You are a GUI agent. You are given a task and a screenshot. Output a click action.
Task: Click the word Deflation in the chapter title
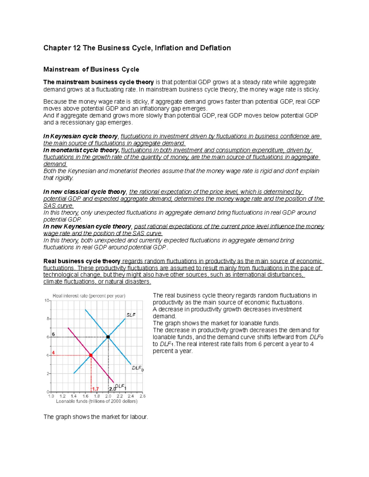coord(215,48)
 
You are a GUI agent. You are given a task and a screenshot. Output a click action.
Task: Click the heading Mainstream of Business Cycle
coord(91,69)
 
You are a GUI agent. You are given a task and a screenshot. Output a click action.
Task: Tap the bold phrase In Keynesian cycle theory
coord(80,136)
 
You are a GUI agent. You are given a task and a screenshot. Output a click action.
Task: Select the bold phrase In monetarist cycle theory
coord(81,150)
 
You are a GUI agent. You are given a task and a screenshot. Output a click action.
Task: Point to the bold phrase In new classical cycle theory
coord(85,192)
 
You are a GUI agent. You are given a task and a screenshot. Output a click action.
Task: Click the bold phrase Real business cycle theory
coord(82,261)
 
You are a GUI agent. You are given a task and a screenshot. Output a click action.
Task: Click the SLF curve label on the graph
coord(131,315)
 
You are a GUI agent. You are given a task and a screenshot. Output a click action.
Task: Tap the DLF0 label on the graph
coord(137,368)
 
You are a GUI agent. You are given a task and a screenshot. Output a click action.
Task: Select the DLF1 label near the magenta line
coord(121,386)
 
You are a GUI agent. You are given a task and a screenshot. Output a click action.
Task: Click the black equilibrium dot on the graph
coord(108,337)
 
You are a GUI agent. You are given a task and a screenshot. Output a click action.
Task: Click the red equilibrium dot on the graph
coord(91,355)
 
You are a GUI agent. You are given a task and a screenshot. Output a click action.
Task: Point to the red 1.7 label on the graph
coord(95,389)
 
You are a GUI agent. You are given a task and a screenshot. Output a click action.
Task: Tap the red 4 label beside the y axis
coord(53,353)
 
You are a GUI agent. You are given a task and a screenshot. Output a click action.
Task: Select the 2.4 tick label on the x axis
coord(131,396)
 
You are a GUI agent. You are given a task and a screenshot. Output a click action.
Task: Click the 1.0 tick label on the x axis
coord(51,396)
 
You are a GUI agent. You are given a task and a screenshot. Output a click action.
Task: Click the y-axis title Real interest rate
coord(89,296)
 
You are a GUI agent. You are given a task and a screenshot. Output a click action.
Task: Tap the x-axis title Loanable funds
coord(97,401)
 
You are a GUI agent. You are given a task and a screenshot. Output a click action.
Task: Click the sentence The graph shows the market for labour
coord(96,417)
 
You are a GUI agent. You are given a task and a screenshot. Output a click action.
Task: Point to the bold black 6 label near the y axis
coord(53,334)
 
